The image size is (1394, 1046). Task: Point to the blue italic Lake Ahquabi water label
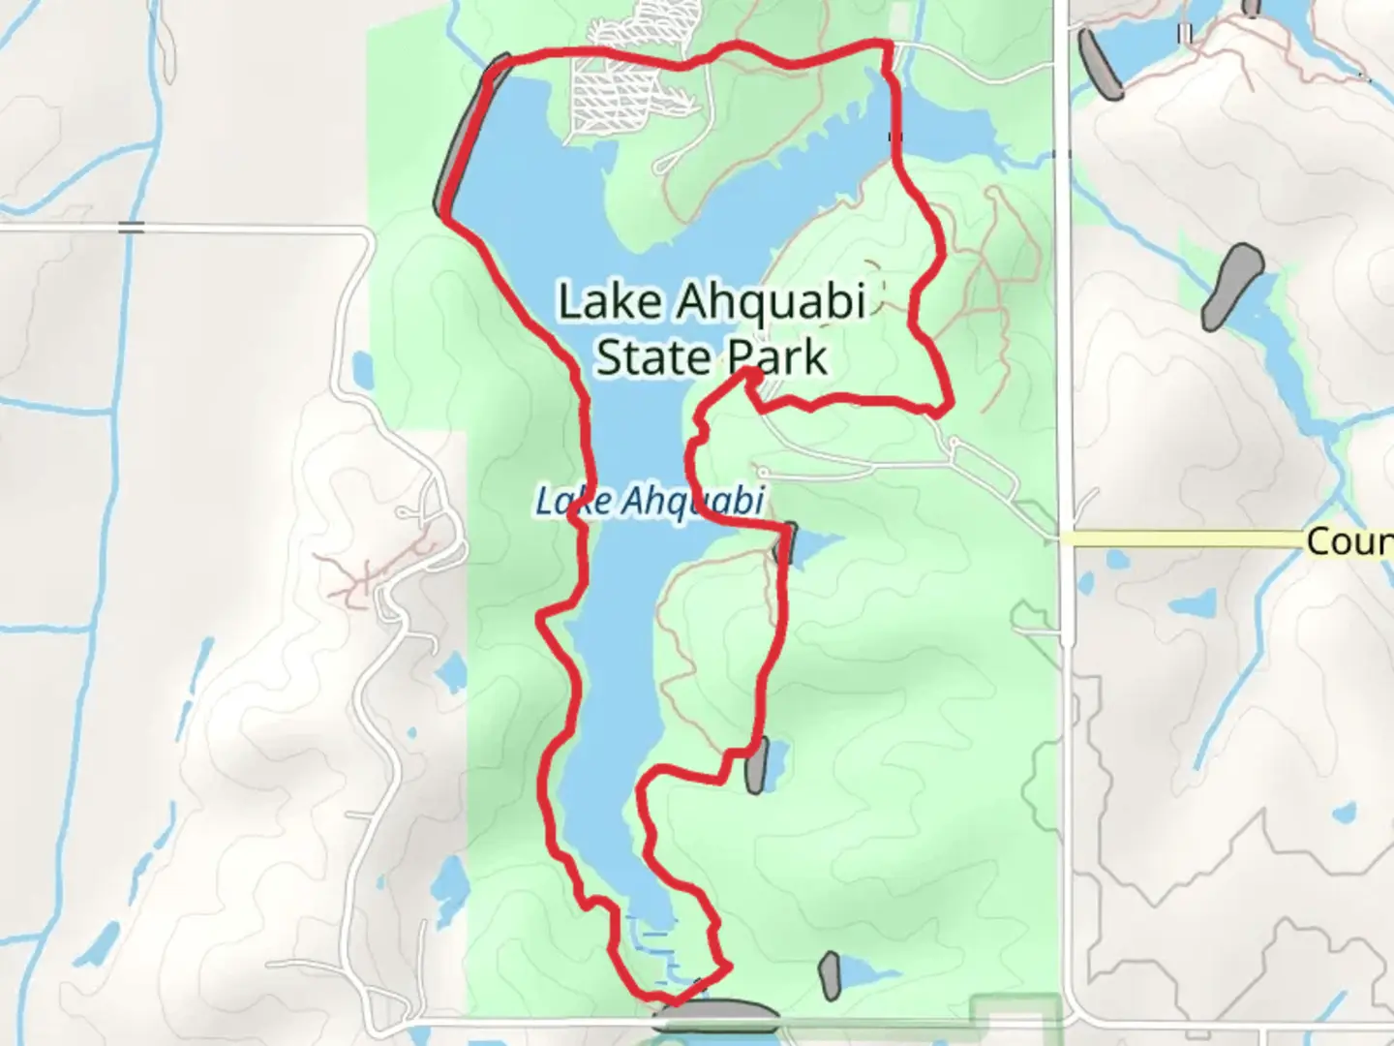point(650,502)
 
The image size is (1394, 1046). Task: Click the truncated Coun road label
point(1349,541)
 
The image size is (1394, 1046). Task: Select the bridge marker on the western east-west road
point(132,228)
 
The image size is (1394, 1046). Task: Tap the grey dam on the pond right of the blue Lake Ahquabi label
point(787,544)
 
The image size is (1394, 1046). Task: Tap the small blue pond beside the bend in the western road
point(362,368)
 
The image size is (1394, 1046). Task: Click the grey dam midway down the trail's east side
point(757,764)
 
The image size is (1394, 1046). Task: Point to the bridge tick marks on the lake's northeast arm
point(895,137)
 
